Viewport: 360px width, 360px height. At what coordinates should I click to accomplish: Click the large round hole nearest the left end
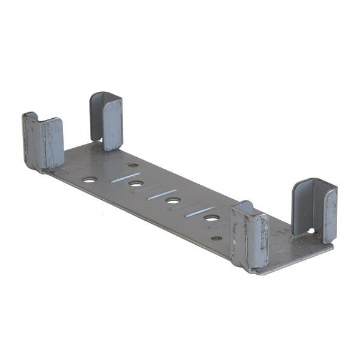pyautogui.click(x=89, y=179)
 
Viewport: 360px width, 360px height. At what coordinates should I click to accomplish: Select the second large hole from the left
pyautogui.click(x=136, y=184)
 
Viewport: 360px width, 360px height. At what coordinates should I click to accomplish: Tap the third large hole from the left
pyautogui.click(x=173, y=200)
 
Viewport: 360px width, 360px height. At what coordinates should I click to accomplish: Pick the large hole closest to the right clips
pyautogui.click(x=211, y=217)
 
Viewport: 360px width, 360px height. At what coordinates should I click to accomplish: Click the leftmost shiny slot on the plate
pyautogui.click(x=125, y=178)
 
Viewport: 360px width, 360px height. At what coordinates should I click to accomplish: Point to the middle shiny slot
pyautogui.click(x=163, y=194)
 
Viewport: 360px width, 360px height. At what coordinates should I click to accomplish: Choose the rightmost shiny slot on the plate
pyautogui.click(x=200, y=212)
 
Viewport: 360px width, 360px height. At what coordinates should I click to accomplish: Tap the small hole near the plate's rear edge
pyautogui.click(x=133, y=165)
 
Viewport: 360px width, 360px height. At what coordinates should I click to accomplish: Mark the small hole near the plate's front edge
pyautogui.click(x=217, y=238)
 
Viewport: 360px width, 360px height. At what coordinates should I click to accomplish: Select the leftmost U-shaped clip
pyautogui.click(x=43, y=142)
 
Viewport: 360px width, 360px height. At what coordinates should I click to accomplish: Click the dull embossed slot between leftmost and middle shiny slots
pyautogui.click(x=144, y=186)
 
